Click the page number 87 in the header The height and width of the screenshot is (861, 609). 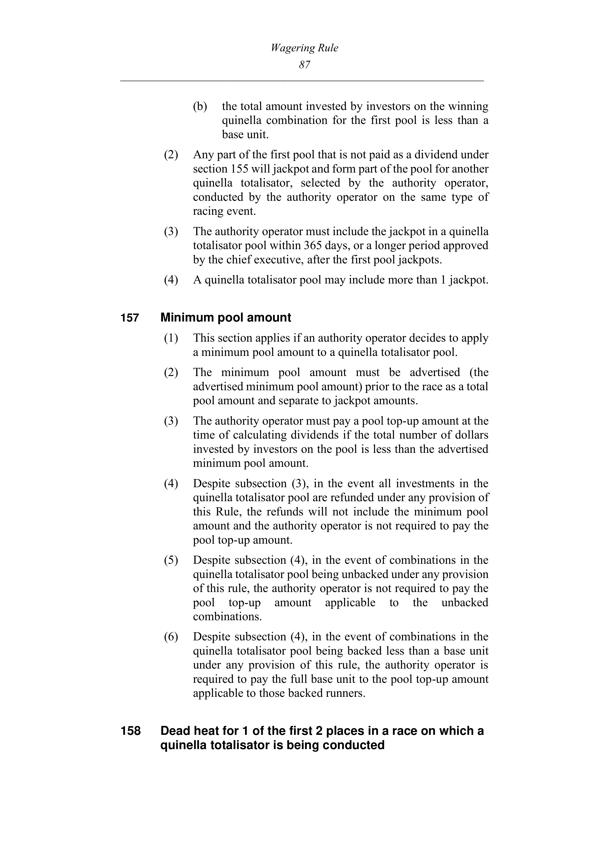coord(304,65)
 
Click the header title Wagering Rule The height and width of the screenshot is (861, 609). coord(304,48)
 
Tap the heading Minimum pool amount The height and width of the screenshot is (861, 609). coord(225,318)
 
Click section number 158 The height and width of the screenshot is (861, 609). coord(130,731)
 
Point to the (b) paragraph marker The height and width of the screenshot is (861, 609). coord(200,107)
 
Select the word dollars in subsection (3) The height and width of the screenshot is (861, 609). coord(470,435)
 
